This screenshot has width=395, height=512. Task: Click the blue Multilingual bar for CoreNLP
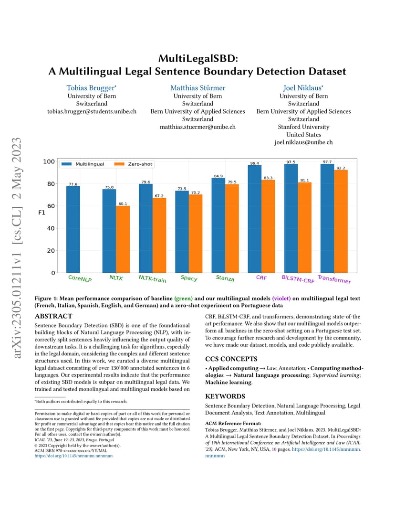(x=73, y=229)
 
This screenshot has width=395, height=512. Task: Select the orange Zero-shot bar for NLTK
(x=123, y=239)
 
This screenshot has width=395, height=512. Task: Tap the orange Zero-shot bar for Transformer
(x=341, y=222)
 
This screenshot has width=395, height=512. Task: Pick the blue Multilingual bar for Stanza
(x=218, y=225)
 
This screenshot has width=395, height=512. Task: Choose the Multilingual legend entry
(x=83, y=164)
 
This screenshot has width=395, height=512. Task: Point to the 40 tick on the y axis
(x=51, y=228)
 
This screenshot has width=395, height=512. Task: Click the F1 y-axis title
(x=42, y=213)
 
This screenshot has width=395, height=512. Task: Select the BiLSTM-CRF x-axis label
(x=298, y=279)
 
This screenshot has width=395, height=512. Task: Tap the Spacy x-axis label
(x=189, y=278)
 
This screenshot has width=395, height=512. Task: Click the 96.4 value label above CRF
(x=254, y=163)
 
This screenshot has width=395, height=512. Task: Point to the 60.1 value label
(x=123, y=204)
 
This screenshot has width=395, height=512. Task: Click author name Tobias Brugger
(x=91, y=88)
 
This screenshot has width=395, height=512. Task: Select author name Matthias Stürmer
(x=197, y=88)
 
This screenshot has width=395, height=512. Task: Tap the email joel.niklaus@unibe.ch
(x=303, y=142)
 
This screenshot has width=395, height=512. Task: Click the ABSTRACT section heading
(x=53, y=316)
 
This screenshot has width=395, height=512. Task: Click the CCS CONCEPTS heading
(x=231, y=359)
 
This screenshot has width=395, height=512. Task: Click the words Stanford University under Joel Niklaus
(x=303, y=127)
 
